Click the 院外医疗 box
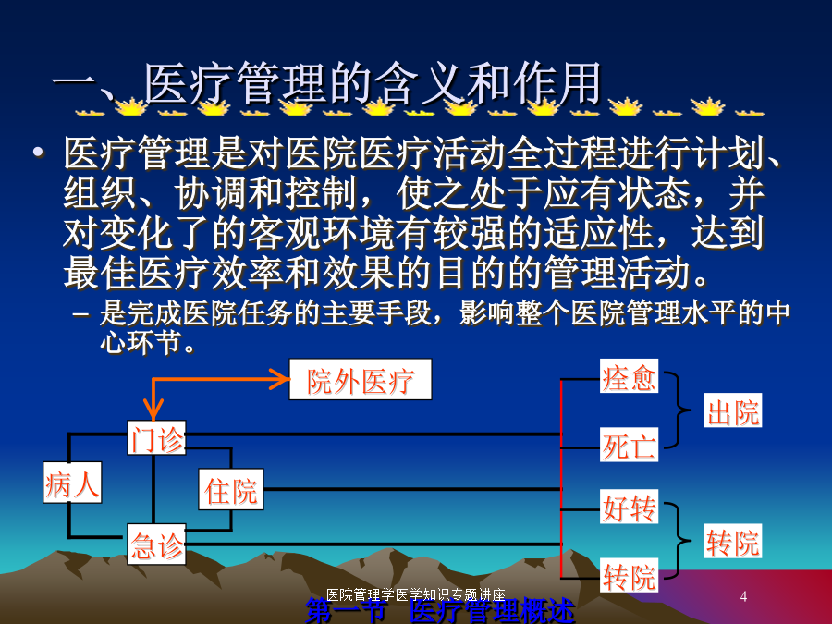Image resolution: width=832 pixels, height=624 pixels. [361, 379]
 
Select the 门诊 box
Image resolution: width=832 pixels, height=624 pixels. [156, 438]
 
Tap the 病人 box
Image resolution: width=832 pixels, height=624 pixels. [72, 483]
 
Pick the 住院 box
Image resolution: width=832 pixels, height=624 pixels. [231, 489]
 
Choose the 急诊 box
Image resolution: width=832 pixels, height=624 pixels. [156, 544]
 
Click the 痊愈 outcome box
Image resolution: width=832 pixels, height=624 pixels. [629, 376]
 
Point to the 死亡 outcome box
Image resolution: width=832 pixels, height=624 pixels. [629, 445]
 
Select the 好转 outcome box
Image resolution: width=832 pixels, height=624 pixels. [629, 507]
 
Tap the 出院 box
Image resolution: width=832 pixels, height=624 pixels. [733, 410]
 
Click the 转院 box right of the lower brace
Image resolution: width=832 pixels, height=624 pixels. [733, 541]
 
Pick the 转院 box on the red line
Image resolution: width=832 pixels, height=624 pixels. [629, 575]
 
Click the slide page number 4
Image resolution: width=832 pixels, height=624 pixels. [743, 596]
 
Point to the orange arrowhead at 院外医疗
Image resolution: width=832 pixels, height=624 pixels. [281, 379]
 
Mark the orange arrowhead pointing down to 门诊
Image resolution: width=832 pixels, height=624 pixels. [153, 411]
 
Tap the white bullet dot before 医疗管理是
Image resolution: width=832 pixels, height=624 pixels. [38, 153]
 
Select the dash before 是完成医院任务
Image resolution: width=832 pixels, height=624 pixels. [80, 314]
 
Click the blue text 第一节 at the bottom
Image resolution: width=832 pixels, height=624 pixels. [345, 610]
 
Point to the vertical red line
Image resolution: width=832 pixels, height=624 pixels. [561, 479]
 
